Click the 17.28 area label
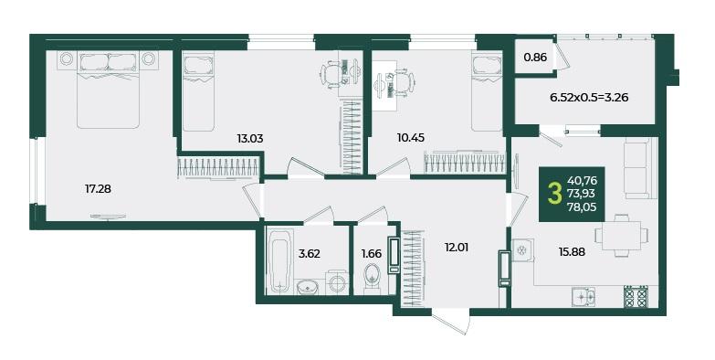coord(98,188)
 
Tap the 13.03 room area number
coord(250,138)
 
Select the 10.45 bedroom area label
coord(411,138)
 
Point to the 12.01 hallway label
coord(457,248)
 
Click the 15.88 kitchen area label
coord(573,251)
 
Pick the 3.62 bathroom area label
coord(310,254)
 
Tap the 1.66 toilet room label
coord(371,254)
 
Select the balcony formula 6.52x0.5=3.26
coord(590,97)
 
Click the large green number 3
coord(554,195)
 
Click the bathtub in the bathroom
coord(279,261)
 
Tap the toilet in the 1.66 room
coord(372,278)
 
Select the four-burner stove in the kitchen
coord(636,297)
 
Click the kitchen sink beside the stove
coord(584,297)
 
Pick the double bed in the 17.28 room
coord(108,90)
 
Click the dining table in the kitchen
coord(621,236)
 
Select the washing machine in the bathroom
coord(337,283)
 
